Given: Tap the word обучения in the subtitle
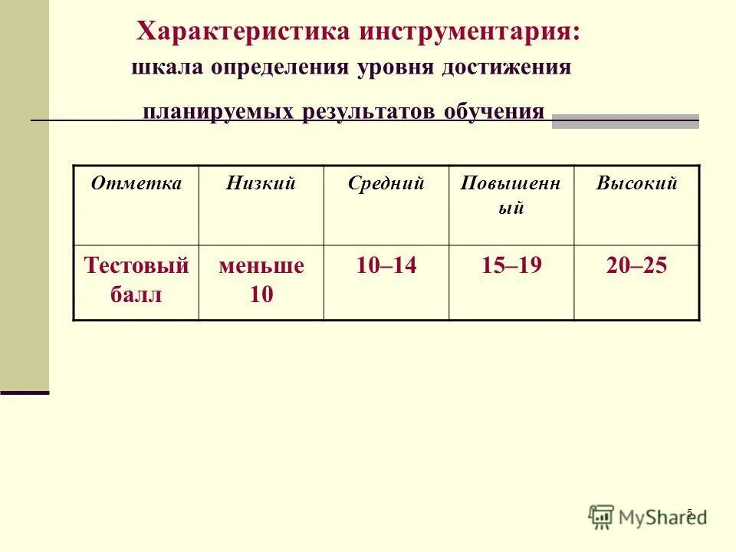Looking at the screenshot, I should pos(494,112).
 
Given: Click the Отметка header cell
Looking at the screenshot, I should pos(136,184).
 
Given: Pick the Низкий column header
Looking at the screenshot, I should pos(261,184).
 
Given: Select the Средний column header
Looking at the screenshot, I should pos(386,184).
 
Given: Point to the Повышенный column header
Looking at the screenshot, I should pos(511,195).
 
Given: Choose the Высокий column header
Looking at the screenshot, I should pos(636,184).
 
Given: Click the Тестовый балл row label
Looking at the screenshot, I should pos(136,280).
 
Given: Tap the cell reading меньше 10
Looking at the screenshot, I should pos(261,280).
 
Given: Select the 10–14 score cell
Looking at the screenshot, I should pos(386,266).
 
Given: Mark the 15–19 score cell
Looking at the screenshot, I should pos(511,266).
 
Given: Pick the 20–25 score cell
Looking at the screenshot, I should pos(636,266).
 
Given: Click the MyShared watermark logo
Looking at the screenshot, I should pos(648,517).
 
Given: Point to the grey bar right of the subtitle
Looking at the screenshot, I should pos(625,120).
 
